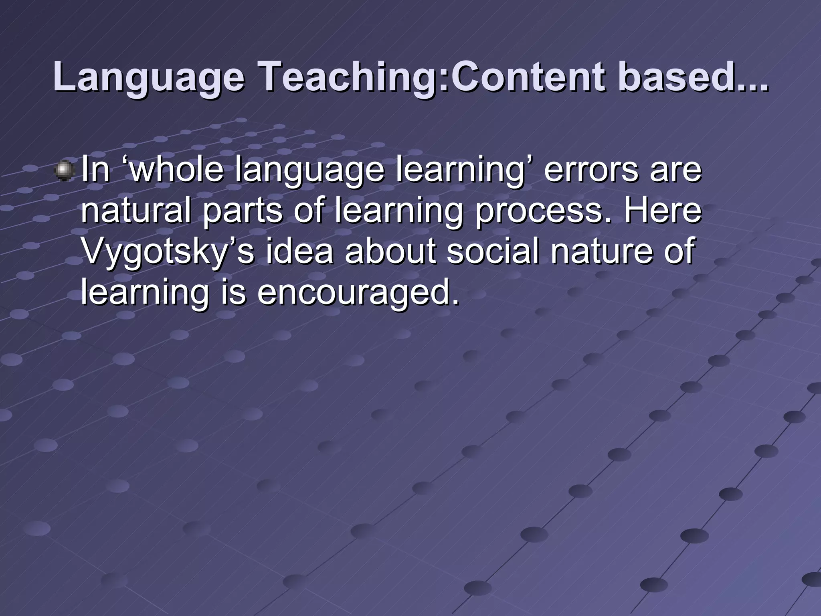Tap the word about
[x=390, y=251]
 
